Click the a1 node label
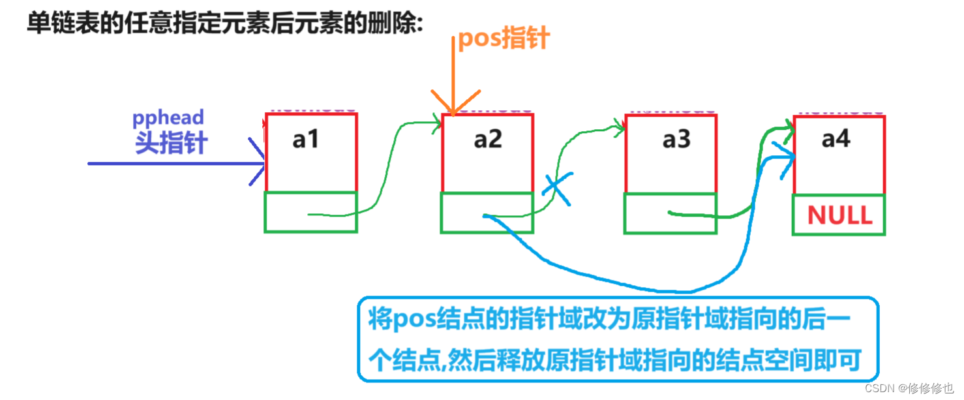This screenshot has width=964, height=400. pyautogui.click(x=305, y=140)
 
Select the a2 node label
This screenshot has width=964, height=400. pyautogui.click(x=487, y=140)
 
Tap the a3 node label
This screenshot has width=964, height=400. pyautogui.click(x=676, y=140)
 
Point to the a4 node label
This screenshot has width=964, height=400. pyautogui.click(x=836, y=139)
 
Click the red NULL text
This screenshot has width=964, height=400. pyautogui.click(x=839, y=215)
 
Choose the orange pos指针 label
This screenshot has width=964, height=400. pyautogui.click(x=504, y=39)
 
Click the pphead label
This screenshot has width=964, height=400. pyautogui.click(x=168, y=117)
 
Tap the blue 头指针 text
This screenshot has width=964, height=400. pyautogui.click(x=171, y=142)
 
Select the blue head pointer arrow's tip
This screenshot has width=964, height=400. pyautogui.click(x=263, y=163)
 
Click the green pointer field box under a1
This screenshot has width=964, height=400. pyautogui.click(x=310, y=212)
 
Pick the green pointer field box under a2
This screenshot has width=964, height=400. pyautogui.click(x=487, y=213)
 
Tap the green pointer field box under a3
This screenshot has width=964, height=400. pyautogui.click(x=670, y=213)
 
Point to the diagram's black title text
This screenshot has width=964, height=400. pyautogui.click(x=225, y=24)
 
